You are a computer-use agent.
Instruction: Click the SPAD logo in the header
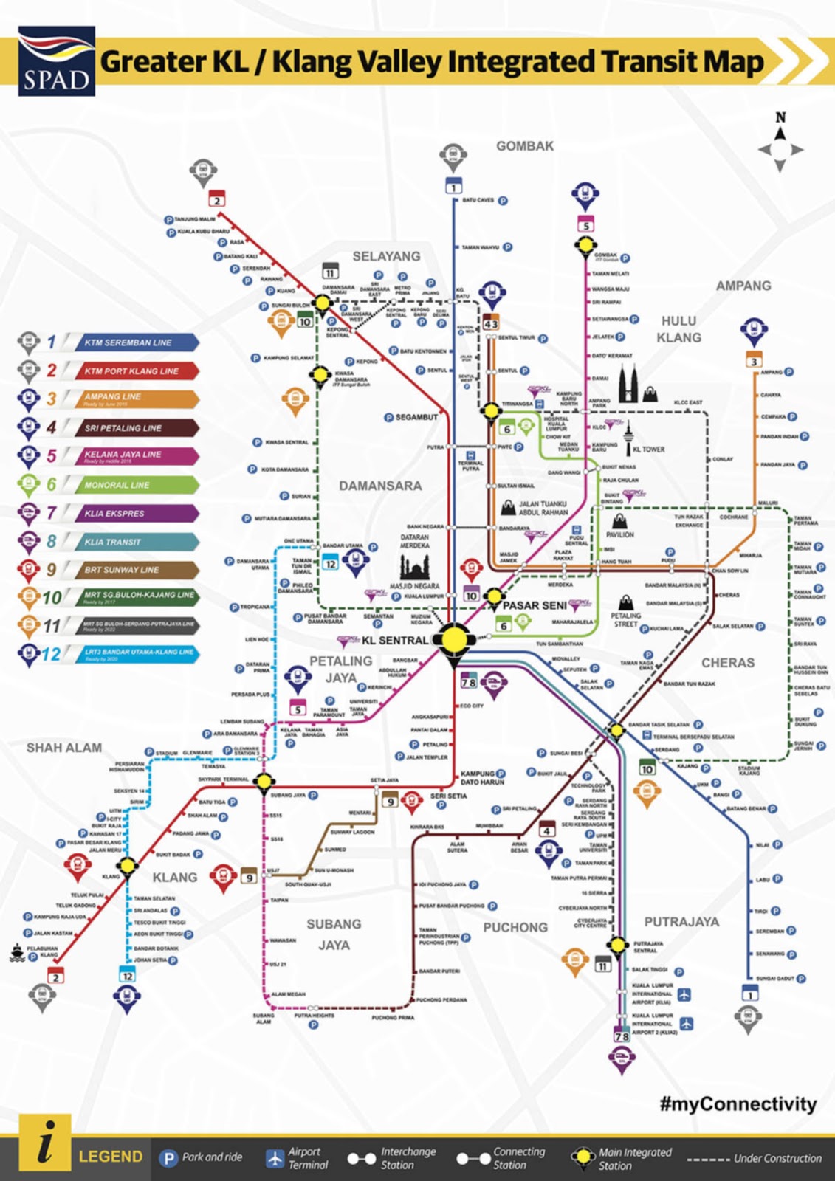click(x=56, y=61)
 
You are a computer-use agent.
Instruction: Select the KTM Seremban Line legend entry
click(x=136, y=342)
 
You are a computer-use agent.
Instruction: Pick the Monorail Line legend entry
click(x=136, y=485)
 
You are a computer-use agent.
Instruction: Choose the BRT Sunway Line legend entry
click(x=136, y=570)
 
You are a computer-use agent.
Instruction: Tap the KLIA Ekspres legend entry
click(x=136, y=513)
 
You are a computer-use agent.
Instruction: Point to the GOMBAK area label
click(x=524, y=146)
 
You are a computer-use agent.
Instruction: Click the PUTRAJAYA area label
click(x=681, y=922)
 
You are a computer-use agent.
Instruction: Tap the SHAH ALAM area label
click(x=64, y=748)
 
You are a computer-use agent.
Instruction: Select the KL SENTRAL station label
click(x=394, y=640)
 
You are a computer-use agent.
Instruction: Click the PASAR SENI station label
click(x=535, y=605)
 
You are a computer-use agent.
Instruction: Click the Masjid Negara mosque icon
click(x=414, y=565)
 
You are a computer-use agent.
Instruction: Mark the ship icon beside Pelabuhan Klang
click(x=16, y=952)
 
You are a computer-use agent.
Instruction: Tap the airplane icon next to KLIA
click(x=684, y=994)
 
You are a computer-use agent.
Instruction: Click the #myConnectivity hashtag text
click(x=738, y=1104)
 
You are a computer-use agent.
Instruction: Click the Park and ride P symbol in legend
click(x=169, y=1157)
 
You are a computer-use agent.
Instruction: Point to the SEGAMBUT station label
click(x=416, y=417)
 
